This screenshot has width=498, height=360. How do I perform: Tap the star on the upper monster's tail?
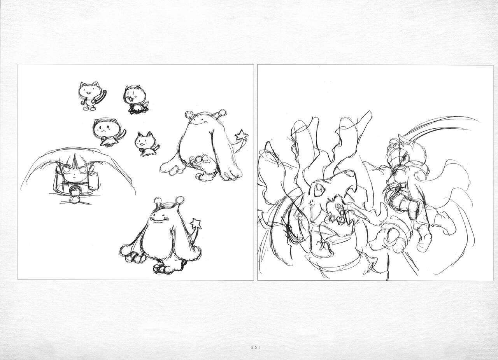coord(242,135)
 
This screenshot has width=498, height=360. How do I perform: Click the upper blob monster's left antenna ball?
coord(188,115)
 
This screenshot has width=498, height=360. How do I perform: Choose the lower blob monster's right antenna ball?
coord(180,200)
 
